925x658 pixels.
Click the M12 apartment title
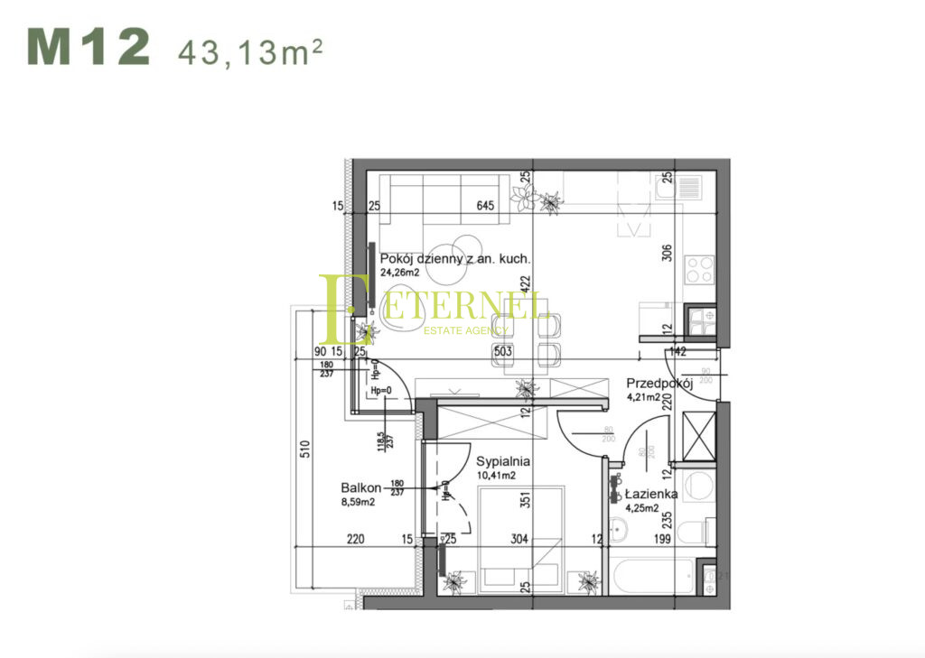click(x=88, y=48)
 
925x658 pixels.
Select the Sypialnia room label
click(x=503, y=460)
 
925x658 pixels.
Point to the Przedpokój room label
click(x=660, y=382)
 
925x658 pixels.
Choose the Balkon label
click(x=359, y=486)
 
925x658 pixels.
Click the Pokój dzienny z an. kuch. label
click(x=454, y=258)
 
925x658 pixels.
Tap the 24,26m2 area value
click(x=400, y=272)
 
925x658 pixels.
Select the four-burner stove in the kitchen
click(x=699, y=270)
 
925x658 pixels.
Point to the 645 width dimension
click(x=486, y=206)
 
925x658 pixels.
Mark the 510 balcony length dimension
click(x=305, y=448)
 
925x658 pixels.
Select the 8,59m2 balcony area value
click(x=359, y=502)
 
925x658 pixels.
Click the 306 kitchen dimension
click(x=668, y=254)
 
